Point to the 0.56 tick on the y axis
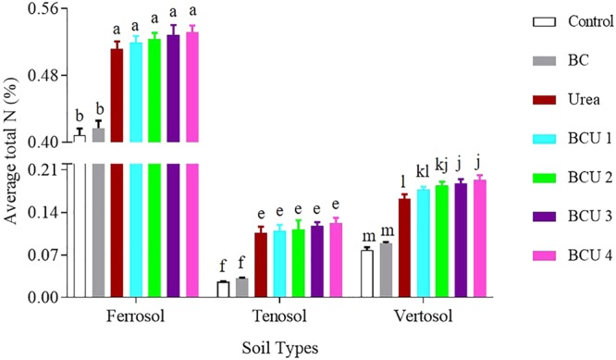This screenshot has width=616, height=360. tap(43, 8)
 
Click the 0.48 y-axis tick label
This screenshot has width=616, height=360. tap(43, 75)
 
